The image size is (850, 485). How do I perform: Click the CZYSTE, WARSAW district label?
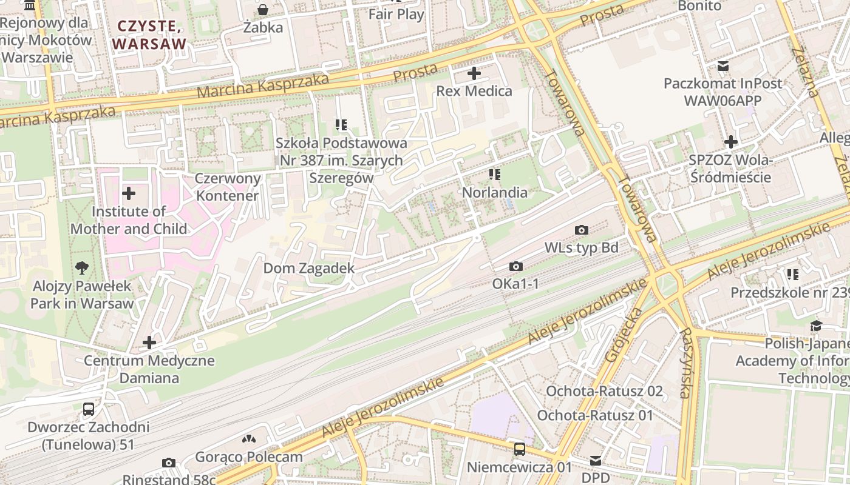click(149, 35)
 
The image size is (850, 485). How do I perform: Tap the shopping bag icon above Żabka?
click(263, 10)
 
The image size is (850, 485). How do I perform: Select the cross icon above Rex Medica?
click(474, 74)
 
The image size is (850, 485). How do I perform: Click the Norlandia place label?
click(495, 192)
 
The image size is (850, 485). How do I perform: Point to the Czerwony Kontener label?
click(228, 187)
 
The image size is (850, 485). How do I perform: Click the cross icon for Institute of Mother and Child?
click(129, 194)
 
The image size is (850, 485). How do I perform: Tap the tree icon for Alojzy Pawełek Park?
click(82, 268)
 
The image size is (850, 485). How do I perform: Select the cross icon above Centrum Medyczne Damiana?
click(149, 343)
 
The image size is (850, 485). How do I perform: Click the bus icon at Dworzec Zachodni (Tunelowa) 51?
click(89, 409)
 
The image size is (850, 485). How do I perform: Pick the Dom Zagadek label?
click(308, 268)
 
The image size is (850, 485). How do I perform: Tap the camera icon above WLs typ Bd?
click(582, 230)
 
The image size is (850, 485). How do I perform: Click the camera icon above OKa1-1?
click(516, 266)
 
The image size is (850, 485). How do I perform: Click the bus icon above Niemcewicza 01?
click(520, 449)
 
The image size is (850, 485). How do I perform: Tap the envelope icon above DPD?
click(596, 461)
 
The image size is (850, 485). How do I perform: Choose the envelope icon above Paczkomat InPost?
click(723, 65)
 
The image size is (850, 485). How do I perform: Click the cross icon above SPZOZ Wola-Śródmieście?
click(731, 142)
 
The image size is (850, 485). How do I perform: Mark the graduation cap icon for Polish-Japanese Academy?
click(816, 326)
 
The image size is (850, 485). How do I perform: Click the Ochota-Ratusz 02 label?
click(604, 391)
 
